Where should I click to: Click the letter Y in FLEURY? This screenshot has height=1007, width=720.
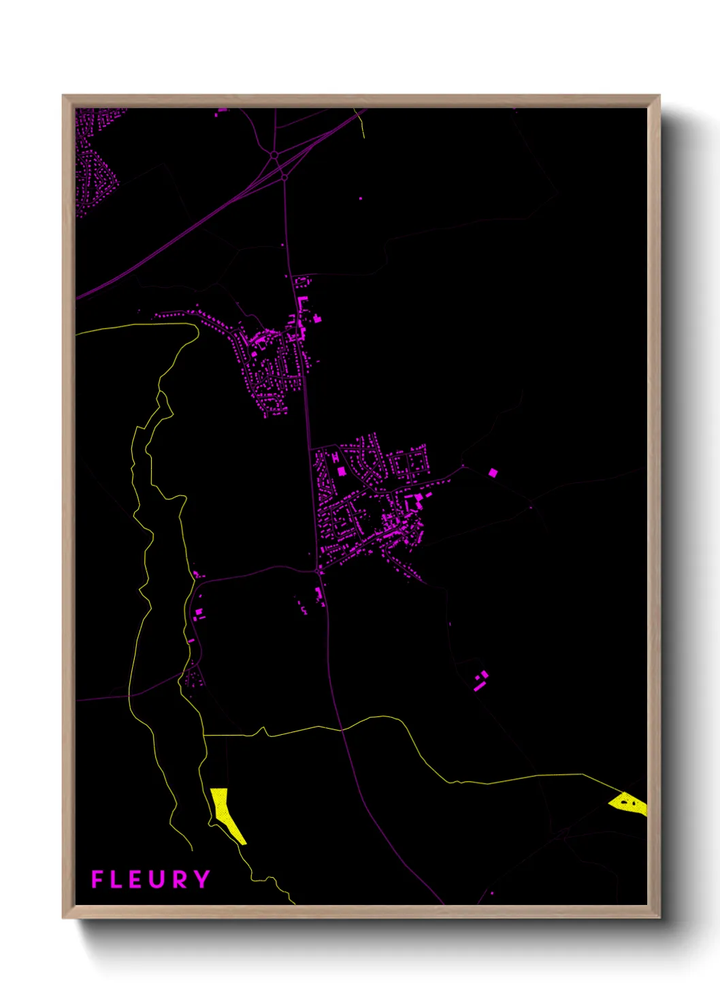tap(201, 879)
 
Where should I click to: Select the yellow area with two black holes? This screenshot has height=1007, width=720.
tap(628, 802)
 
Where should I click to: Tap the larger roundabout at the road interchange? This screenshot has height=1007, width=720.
tap(275, 156)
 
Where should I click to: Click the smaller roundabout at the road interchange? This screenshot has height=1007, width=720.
tap(284, 177)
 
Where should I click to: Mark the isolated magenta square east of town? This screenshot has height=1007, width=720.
tap(493, 472)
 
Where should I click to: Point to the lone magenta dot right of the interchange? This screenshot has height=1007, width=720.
tap(361, 199)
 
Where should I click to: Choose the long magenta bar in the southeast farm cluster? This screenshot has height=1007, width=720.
tap(480, 686)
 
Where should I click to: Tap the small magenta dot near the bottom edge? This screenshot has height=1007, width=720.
tap(491, 893)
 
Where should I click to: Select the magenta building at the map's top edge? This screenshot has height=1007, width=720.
tap(222, 110)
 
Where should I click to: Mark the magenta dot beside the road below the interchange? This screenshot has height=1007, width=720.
tap(283, 245)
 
